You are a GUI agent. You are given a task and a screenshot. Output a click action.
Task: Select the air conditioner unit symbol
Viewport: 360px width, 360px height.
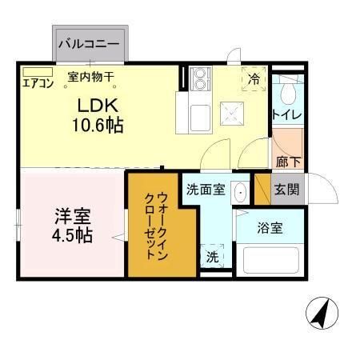(35, 72)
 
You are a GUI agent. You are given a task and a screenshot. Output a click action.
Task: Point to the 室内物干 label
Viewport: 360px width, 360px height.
(90, 78)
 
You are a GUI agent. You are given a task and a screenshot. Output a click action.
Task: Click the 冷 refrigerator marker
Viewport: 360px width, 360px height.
(254, 78)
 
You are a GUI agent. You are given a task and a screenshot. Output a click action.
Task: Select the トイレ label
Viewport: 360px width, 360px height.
(286, 116)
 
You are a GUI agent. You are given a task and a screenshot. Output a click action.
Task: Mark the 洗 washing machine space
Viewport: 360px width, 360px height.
(212, 257)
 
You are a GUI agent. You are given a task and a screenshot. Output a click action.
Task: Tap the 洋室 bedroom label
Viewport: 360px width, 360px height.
(72, 216)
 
